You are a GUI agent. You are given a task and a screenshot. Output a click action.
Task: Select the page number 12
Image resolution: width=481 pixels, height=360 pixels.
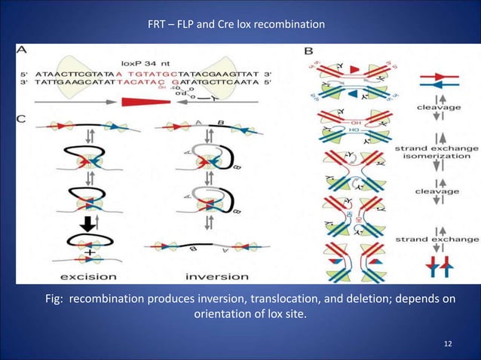[x=449, y=343]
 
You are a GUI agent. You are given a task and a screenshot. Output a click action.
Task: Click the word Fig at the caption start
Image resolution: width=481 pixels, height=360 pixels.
[x=54, y=299]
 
